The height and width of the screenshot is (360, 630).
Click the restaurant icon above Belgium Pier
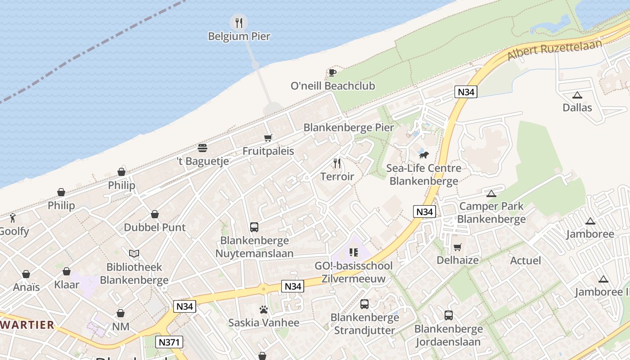click(x=239, y=22)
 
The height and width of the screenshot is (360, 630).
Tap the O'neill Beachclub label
click(x=333, y=85)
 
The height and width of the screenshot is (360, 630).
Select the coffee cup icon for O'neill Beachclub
click(x=332, y=72)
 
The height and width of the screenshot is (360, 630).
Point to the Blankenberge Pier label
click(x=349, y=127)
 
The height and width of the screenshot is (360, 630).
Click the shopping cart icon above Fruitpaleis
click(x=268, y=138)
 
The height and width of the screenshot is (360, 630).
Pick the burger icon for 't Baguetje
click(x=202, y=148)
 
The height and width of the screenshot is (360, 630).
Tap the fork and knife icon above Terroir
click(x=337, y=163)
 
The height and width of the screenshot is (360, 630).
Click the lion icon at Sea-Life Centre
click(x=423, y=155)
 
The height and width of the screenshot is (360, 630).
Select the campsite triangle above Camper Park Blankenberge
click(x=491, y=193)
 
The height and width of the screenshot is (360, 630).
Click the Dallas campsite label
click(x=577, y=108)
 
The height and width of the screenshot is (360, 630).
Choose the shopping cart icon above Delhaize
click(x=458, y=247)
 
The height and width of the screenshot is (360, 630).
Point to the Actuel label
click(x=526, y=261)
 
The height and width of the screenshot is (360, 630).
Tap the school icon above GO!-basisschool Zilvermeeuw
click(x=354, y=252)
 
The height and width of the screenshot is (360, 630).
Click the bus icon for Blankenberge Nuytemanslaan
click(x=254, y=227)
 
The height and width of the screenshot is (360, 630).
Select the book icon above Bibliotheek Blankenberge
click(x=134, y=254)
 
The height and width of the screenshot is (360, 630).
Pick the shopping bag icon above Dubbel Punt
click(x=155, y=214)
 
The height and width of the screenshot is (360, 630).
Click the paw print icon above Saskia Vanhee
click(x=264, y=310)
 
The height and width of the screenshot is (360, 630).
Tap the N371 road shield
click(x=170, y=342)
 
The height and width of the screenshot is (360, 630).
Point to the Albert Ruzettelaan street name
click(x=554, y=49)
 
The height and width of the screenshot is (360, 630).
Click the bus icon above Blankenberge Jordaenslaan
click(x=449, y=315)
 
